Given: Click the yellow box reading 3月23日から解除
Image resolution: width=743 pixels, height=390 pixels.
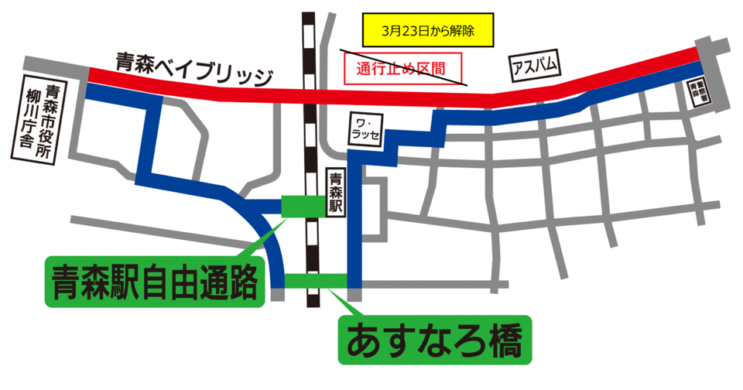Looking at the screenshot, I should [x=427, y=32].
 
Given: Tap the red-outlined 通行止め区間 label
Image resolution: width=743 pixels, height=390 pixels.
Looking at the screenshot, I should [x=402, y=68].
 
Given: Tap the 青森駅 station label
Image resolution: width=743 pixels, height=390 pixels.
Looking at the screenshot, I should [x=335, y=193].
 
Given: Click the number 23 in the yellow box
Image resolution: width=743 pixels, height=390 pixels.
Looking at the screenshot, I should [x=408, y=32].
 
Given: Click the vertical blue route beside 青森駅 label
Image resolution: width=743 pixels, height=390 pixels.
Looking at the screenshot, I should [x=354, y=224].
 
